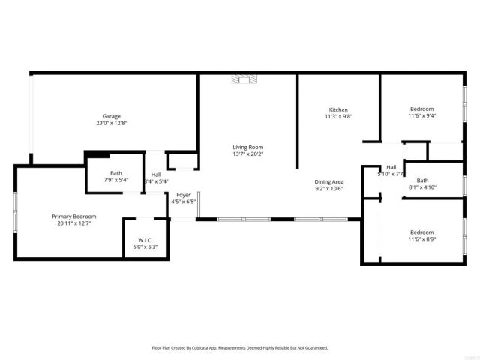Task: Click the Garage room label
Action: click(x=112, y=116)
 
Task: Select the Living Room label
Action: click(x=247, y=147)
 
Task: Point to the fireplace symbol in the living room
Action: click(x=243, y=78)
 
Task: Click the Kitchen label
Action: click(x=338, y=109)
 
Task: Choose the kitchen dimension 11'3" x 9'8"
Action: click(x=338, y=116)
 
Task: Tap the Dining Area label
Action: click(x=328, y=181)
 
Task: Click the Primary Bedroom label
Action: click(x=74, y=217)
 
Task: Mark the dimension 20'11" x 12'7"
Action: click(x=74, y=223)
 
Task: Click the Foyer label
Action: click(x=183, y=195)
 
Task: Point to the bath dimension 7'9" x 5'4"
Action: click(x=105, y=180)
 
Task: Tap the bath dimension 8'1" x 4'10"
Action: click(x=422, y=187)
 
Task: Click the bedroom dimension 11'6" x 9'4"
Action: click(x=421, y=116)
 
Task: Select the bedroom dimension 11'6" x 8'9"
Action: click(x=421, y=239)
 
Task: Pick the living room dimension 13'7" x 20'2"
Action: click(x=247, y=154)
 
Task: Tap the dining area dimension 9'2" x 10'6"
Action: click(x=328, y=188)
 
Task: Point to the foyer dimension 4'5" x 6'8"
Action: click(x=183, y=202)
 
